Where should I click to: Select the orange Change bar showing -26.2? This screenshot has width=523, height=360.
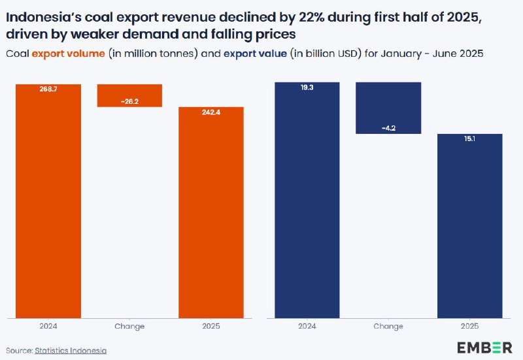tap(129, 95)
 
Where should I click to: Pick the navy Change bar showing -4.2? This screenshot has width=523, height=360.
tap(388, 108)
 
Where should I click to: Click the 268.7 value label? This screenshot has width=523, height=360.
tap(49, 88)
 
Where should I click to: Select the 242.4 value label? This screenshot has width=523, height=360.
tap(211, 112)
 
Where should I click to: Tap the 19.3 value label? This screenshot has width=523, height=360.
tap(307, 86)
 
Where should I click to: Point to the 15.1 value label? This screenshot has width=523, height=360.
tap(469, 139)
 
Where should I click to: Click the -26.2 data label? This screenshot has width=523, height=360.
tap(129, 101)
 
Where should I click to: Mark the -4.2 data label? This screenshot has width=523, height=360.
tap(388, 129)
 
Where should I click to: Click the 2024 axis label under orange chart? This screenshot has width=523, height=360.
tap(49, 326)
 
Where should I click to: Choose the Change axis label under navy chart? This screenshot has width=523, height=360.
tap(388, 326)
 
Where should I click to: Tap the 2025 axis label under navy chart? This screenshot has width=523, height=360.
tap(469, 326)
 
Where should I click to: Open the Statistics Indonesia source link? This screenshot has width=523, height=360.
tap(71, 351)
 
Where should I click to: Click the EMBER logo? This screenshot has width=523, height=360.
tap(484, 347)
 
